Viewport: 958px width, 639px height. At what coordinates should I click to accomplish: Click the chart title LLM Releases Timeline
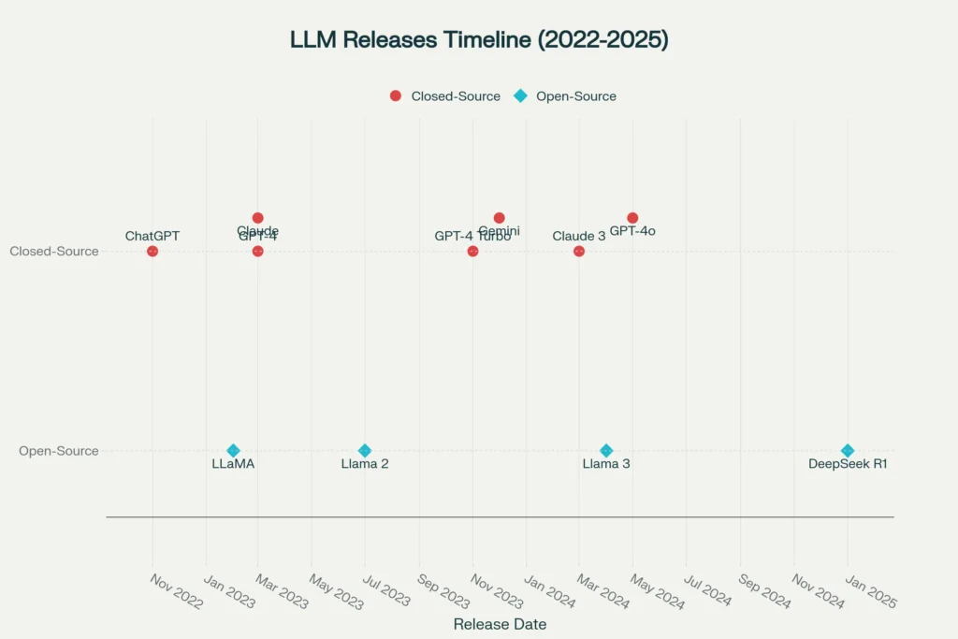[479, 40]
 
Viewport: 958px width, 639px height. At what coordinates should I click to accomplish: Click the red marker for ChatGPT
[152, 251]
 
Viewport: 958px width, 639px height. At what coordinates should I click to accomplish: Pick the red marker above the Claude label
[258, 218]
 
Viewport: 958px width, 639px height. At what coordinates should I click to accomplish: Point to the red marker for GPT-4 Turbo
[472, 251]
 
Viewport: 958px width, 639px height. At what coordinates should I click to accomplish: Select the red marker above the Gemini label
[499, 218]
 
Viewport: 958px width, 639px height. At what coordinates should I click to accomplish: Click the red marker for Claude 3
[579, 251]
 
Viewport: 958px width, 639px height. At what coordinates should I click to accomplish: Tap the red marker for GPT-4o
[632, 218]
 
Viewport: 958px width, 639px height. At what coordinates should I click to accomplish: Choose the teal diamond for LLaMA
[233, 450]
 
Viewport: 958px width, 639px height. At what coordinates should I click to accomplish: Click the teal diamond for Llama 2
[365, 450]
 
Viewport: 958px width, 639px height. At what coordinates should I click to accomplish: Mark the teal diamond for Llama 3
[606, 450]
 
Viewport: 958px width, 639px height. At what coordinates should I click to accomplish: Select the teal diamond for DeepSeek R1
[848, 450]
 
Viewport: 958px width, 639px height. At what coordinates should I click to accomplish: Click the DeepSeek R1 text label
[848, 464]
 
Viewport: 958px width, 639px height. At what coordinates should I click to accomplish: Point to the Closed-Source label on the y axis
[54, 251]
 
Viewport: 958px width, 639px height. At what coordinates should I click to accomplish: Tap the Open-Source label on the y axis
[59, 450]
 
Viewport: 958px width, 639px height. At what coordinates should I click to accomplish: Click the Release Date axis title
[500, 624]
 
